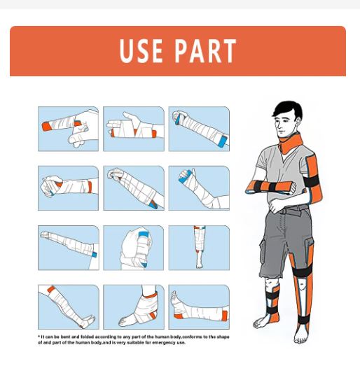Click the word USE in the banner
pyautogui.click(x=141, y=51)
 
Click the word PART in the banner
pyautogui.click(x=206, y=51)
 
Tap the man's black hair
pyautogui.click(x=288, y=109)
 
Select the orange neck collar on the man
pyautogui.click(x=291, y=143)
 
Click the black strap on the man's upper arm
pyautogui.click(x=312, y=181)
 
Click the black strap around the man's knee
pyautogui.click(x=302, y=271)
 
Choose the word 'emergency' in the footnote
pyautogui.click(x=164, y=343)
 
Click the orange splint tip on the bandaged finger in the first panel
pyautogui.click(x=47, y=126)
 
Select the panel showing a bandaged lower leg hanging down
pyautogui.click(x=199, y=248)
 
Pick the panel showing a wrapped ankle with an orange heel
pyautogui.click(x=134, y=307)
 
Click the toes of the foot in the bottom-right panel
pyautogui.click(x=174, y=295)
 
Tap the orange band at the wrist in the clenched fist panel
pyautogui.click(x=90, y=187)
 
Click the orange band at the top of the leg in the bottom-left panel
pyautogui.click(x=51, y=290)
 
